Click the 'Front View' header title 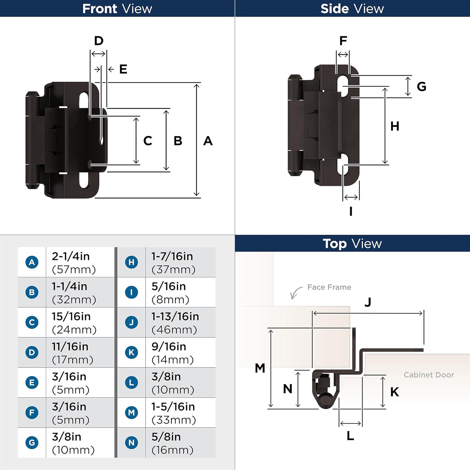[117, 8]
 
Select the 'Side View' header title [352, 8]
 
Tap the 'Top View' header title [352, 243]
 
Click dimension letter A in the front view [208, 141]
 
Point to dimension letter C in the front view [148, 141]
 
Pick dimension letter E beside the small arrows [123, 69]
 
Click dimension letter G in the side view [421, 86]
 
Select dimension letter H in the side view [394, 126]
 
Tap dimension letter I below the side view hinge [351, 211]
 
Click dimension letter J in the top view [368, 302]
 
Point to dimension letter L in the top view [350, 436]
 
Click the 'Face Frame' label [329, 287]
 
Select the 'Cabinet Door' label [428, 375]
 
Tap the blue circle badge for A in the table [32, 262]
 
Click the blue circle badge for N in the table [131, 442]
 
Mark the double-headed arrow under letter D [98, 54]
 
